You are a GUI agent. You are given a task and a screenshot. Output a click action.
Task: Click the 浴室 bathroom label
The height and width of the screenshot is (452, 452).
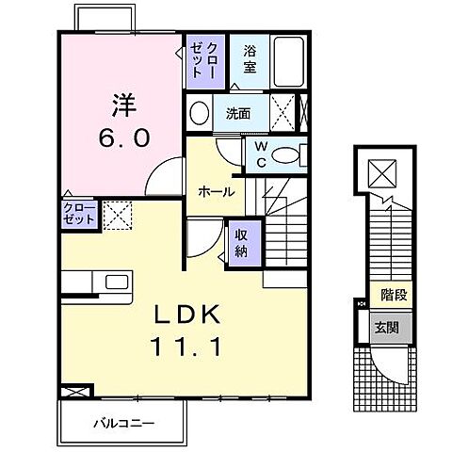click(x=249, y=60)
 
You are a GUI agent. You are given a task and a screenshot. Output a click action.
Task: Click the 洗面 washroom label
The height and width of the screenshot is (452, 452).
click(x=238, y=114)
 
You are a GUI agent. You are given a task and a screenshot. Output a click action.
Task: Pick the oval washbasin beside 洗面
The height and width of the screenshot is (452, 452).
click(x=200, y=114)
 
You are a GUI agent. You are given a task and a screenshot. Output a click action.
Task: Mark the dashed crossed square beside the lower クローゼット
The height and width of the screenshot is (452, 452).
click(x=116, y=215)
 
